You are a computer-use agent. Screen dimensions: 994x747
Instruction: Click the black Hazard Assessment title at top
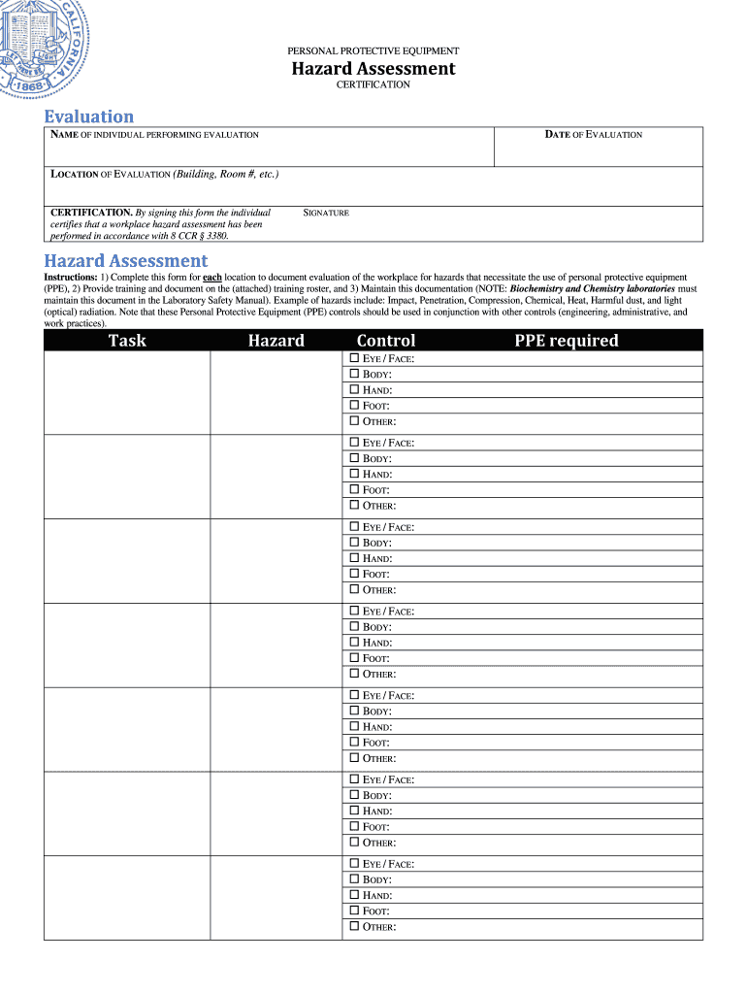373,68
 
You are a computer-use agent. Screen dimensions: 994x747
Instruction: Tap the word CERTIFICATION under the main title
373,85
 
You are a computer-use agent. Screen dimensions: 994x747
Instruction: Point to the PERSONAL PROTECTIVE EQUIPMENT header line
373,50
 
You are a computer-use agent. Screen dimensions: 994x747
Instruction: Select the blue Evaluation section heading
88,116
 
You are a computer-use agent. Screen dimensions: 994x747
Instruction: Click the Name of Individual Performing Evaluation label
154,135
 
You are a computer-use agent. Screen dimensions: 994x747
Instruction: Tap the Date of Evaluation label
593,135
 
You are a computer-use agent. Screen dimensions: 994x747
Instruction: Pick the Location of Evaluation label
164,175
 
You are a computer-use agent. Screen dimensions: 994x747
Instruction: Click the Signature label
326,213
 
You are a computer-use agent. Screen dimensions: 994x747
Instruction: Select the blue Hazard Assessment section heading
125,260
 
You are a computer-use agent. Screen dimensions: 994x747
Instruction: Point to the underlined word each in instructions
211,278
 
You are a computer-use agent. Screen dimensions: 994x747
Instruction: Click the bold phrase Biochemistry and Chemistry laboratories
593,289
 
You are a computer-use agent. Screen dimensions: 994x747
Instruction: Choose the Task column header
127,341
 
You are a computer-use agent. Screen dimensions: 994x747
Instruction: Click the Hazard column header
276,341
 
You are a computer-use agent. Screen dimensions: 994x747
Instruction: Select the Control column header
385,341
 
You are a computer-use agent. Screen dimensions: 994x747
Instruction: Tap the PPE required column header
566,341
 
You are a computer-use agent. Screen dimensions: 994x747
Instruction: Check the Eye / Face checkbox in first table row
354,359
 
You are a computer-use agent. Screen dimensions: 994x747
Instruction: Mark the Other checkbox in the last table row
354,927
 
